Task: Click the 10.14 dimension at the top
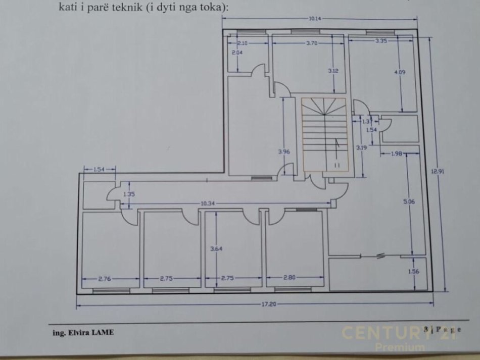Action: point(314,19)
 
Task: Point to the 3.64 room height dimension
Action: point(215,248)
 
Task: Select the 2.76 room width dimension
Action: point(105,278)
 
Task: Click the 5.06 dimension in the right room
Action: point(409,201)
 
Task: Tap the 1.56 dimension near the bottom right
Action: point(413,272)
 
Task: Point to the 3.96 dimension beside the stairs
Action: point(283,151)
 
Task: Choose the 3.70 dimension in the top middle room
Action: point(312,43)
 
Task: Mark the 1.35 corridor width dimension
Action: point(129,194)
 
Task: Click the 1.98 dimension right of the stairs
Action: point(396,154)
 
